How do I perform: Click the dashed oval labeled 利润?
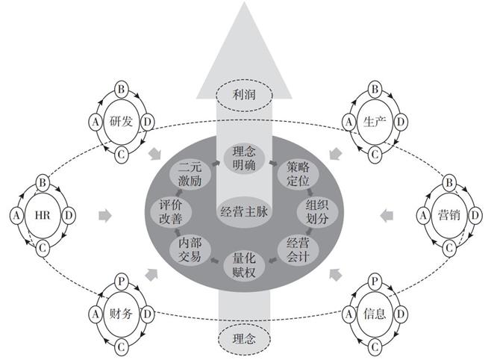tap(244, 95)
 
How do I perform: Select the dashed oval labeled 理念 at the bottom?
tap(244, 339)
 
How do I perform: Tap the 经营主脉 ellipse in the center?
tap(244, 211)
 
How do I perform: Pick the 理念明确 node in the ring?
tap(244, 158)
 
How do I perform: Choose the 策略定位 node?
tap(298, 174)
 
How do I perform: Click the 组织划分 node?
tap(317, 211)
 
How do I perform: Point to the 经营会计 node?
tap(298, 249)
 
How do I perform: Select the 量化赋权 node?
tap(244, 265)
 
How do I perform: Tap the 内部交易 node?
tap(190, 249)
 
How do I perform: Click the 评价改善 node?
tap(171, 211)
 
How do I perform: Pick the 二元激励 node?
tap(190, 174)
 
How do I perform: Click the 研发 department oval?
tap(121, 122)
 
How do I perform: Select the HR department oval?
tap(43, 215)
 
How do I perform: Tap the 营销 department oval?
tap(449, 215)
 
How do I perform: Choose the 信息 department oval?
tap(375, 314)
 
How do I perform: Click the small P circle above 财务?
tap(121, 281)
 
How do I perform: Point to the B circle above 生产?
tap(375, 89)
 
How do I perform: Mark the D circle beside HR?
tap(69, 215)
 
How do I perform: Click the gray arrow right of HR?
tap(105, 216)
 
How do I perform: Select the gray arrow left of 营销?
tap(387, 216)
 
